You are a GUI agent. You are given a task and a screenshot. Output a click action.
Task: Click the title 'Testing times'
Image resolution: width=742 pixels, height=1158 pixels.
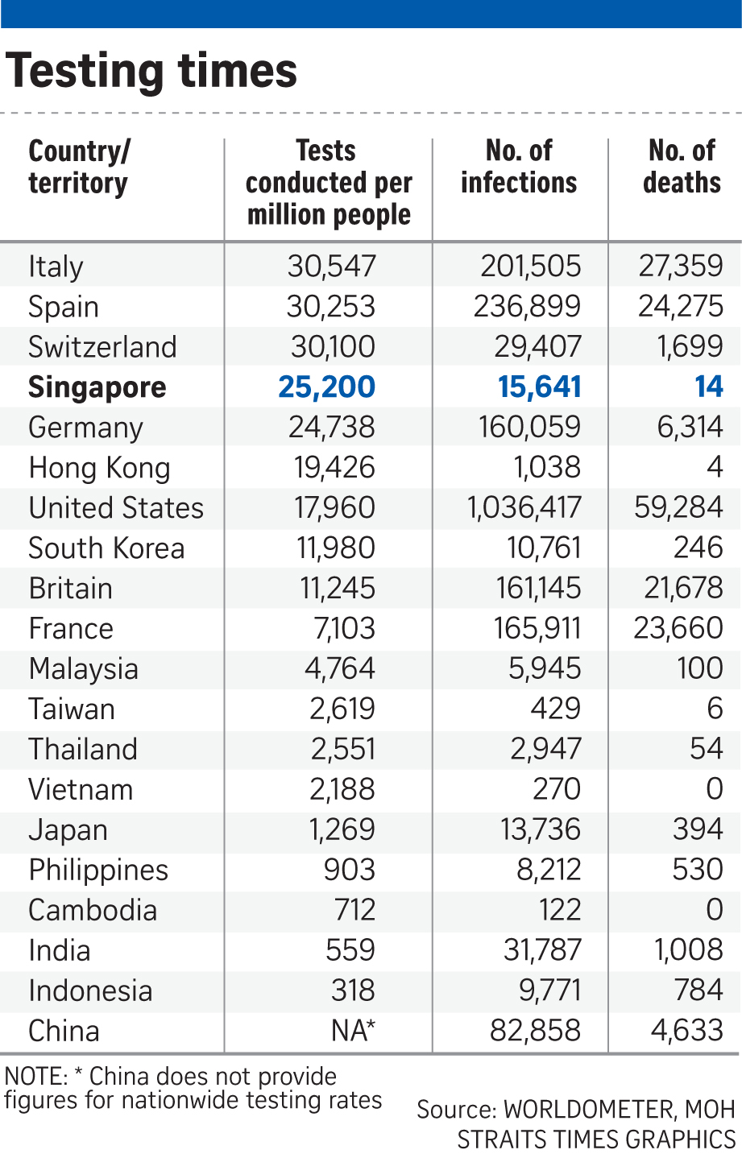[151, 71]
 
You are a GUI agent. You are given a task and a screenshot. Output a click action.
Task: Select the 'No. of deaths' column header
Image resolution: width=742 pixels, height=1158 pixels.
[682, 167]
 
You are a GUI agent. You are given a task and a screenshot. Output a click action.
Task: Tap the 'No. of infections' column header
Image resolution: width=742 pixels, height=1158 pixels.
[519, 167]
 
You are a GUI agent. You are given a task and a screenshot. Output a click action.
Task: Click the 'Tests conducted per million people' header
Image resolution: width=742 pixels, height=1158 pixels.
[329, 183]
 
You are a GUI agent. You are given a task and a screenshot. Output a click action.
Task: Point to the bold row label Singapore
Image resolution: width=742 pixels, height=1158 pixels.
[97, 387]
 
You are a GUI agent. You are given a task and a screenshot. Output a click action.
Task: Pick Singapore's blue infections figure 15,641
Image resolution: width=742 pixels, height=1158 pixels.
[539, 387]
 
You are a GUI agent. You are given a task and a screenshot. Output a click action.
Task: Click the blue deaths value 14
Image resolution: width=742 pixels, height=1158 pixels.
[709, 387]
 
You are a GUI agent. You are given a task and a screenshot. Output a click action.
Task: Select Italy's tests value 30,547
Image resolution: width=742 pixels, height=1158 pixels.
[331, 267]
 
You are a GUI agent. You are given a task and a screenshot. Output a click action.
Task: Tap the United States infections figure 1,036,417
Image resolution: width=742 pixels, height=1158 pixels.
[524, 508]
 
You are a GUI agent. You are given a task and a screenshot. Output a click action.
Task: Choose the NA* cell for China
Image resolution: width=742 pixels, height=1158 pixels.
[353, 1031]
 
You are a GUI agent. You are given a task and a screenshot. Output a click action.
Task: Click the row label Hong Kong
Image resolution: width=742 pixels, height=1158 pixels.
[99, 468]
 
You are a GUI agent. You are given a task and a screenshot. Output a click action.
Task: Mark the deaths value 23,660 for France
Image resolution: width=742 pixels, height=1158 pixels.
[678, 628]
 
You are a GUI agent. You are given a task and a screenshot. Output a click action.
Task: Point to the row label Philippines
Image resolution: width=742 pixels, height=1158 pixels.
[98, 871]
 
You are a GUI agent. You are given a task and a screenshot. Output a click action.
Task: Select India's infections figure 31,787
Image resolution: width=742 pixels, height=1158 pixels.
[542, 950]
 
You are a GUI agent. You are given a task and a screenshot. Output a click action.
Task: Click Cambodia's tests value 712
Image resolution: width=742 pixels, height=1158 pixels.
[354, 910]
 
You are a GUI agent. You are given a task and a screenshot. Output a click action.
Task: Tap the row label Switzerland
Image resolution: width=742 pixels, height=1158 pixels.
[102, 347]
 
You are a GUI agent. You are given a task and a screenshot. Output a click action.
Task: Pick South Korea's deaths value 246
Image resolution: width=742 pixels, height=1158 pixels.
[698, 548]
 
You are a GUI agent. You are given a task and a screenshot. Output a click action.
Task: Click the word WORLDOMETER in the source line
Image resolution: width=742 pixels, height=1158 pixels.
[590, 1110]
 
